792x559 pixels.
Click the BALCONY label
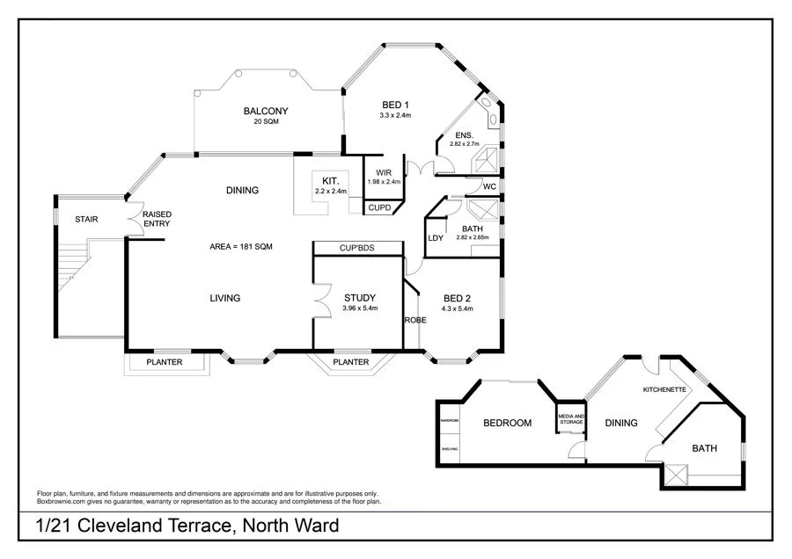266,111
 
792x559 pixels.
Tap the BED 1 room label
395,105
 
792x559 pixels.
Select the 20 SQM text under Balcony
266,121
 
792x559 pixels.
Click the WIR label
384,172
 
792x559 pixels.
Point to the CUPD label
380,207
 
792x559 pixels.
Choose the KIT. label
331,179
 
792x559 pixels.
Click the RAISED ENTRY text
157,219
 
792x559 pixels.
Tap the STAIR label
86,219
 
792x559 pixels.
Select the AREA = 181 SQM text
241,247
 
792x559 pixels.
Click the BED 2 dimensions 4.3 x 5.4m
458,309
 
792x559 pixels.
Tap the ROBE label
415,320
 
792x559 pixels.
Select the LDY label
435,238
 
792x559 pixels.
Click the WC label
489,186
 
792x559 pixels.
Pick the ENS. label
464,134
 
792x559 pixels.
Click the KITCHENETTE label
665,388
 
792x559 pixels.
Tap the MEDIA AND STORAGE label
571,419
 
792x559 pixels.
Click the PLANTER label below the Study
350,362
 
